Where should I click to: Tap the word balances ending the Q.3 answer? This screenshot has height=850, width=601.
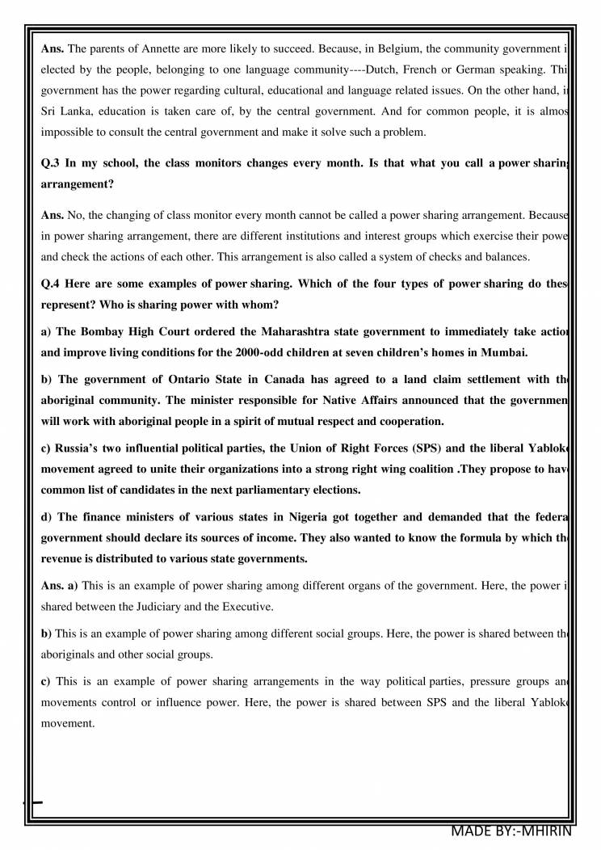[506, 257]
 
